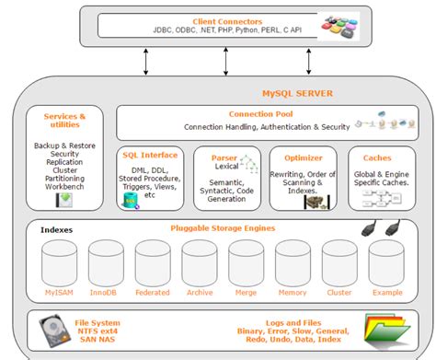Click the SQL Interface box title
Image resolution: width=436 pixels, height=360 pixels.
coord(149,157)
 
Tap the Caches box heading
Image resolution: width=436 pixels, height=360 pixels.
coord(377,157)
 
